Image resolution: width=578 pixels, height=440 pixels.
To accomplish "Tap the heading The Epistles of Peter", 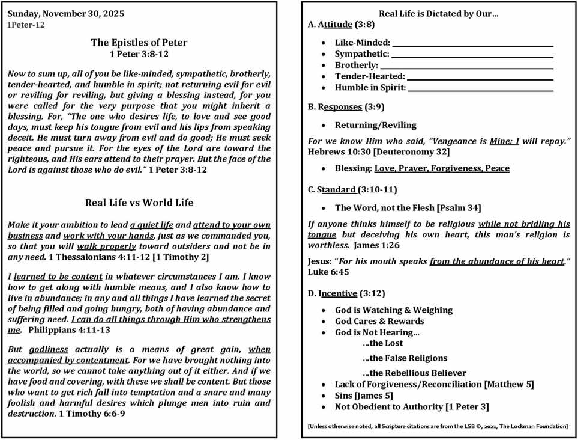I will coord(139,43).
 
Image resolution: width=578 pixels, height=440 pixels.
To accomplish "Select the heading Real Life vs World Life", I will coord(139,203).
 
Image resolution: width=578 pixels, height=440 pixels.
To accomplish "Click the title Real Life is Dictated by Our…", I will coord(439,13).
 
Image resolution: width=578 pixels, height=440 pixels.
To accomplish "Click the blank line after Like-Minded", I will coord(472,43).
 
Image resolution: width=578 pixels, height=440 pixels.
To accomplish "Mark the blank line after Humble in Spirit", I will coord(480,88).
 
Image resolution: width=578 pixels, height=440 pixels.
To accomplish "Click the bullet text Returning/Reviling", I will coord(375,126).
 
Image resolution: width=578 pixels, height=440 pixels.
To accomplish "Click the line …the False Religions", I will coord(405,358).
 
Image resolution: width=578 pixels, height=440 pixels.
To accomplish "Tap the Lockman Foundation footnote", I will coord(438,426).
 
